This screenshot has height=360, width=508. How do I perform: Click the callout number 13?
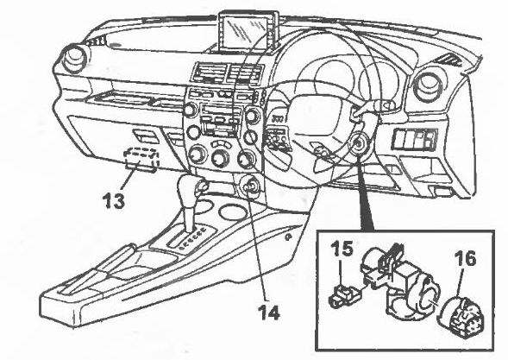coord(114,201)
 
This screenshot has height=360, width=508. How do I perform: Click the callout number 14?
coord(269,313)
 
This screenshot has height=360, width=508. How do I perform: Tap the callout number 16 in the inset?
coord(465,258)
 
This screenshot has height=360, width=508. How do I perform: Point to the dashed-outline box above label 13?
coord(142,159)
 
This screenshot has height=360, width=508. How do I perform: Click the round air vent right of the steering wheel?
coord(429,85)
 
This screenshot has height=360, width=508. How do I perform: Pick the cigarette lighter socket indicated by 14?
coord(248,187)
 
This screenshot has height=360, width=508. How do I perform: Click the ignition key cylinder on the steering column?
coord(359,142)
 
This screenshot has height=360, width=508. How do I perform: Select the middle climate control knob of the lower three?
coord(220,158)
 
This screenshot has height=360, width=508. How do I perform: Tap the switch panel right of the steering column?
coord(414,139)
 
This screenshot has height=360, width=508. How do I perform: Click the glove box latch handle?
coord(146,136)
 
